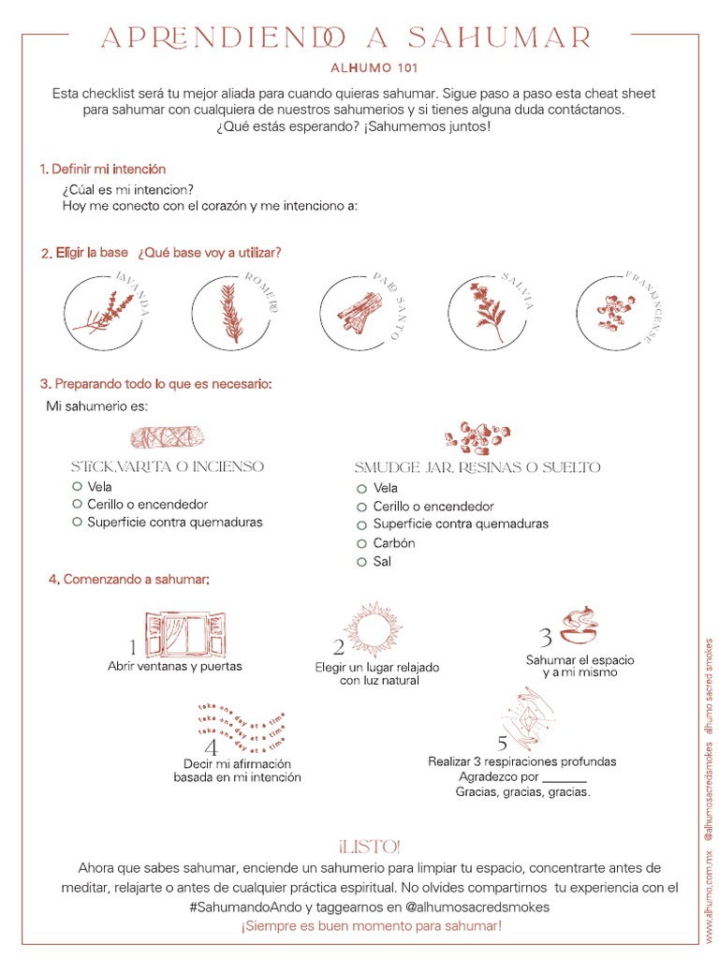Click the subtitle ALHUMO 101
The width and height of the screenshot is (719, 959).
click(374, 67)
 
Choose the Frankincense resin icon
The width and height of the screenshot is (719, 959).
click(612, 311)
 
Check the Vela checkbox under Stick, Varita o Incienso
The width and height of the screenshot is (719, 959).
click(77, 487)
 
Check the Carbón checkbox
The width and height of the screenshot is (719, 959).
click(361, 543)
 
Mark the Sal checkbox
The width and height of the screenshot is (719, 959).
click(361, 562)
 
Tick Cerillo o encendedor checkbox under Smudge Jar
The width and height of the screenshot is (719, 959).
click(361, 507)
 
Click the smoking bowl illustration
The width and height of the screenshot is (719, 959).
click(580, 626)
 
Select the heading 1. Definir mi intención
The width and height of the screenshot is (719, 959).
click(103, 170)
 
